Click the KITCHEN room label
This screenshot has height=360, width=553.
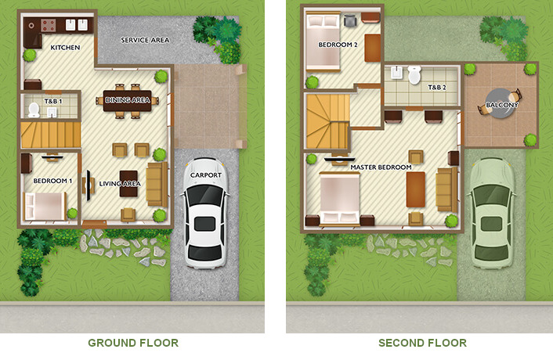(x=65, y=48)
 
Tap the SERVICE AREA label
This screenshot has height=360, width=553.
(x=145, y=40)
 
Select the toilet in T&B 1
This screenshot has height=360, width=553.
(x=34, y=110)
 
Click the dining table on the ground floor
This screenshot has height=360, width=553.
(x=128, y=101)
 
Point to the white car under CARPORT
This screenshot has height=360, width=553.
(x=205, y=213)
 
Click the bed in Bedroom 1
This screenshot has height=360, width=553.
(x=45, y=206)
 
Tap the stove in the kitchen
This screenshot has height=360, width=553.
(x=49, y=25)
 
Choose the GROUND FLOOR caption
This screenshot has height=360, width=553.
(x=133, y=343)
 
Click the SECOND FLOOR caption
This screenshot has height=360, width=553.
(x=422, y=343)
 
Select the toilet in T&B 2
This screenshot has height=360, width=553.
(x=414, y=74)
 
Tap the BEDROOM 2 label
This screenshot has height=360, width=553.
(x=338, y=45)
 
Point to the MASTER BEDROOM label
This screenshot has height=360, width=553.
(x=381, y=167)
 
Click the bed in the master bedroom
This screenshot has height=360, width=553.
(x=340, y=198)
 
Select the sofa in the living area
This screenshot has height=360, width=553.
(x=157, y=184)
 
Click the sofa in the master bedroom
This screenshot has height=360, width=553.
(x=446, y=189)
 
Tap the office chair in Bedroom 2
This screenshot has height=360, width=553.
(x=350, y=20)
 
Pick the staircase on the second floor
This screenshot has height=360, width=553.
(x=328, y=121)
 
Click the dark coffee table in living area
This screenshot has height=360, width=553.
(x=128, y=184)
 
